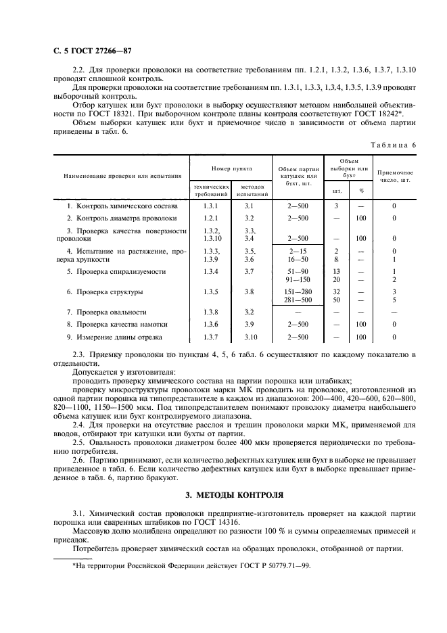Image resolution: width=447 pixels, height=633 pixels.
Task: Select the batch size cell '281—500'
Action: pos(298,300)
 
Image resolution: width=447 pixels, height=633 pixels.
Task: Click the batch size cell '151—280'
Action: pos(298,291)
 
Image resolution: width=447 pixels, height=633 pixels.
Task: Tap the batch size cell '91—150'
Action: pos(298,279)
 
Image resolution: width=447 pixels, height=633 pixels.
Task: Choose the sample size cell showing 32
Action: pos(336,291)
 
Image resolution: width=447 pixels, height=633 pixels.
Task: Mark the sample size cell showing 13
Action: pos(336,271)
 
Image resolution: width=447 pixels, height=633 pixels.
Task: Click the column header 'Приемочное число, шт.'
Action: pos(395,177)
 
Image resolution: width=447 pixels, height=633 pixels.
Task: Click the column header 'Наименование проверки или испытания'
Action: pos(117,176)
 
